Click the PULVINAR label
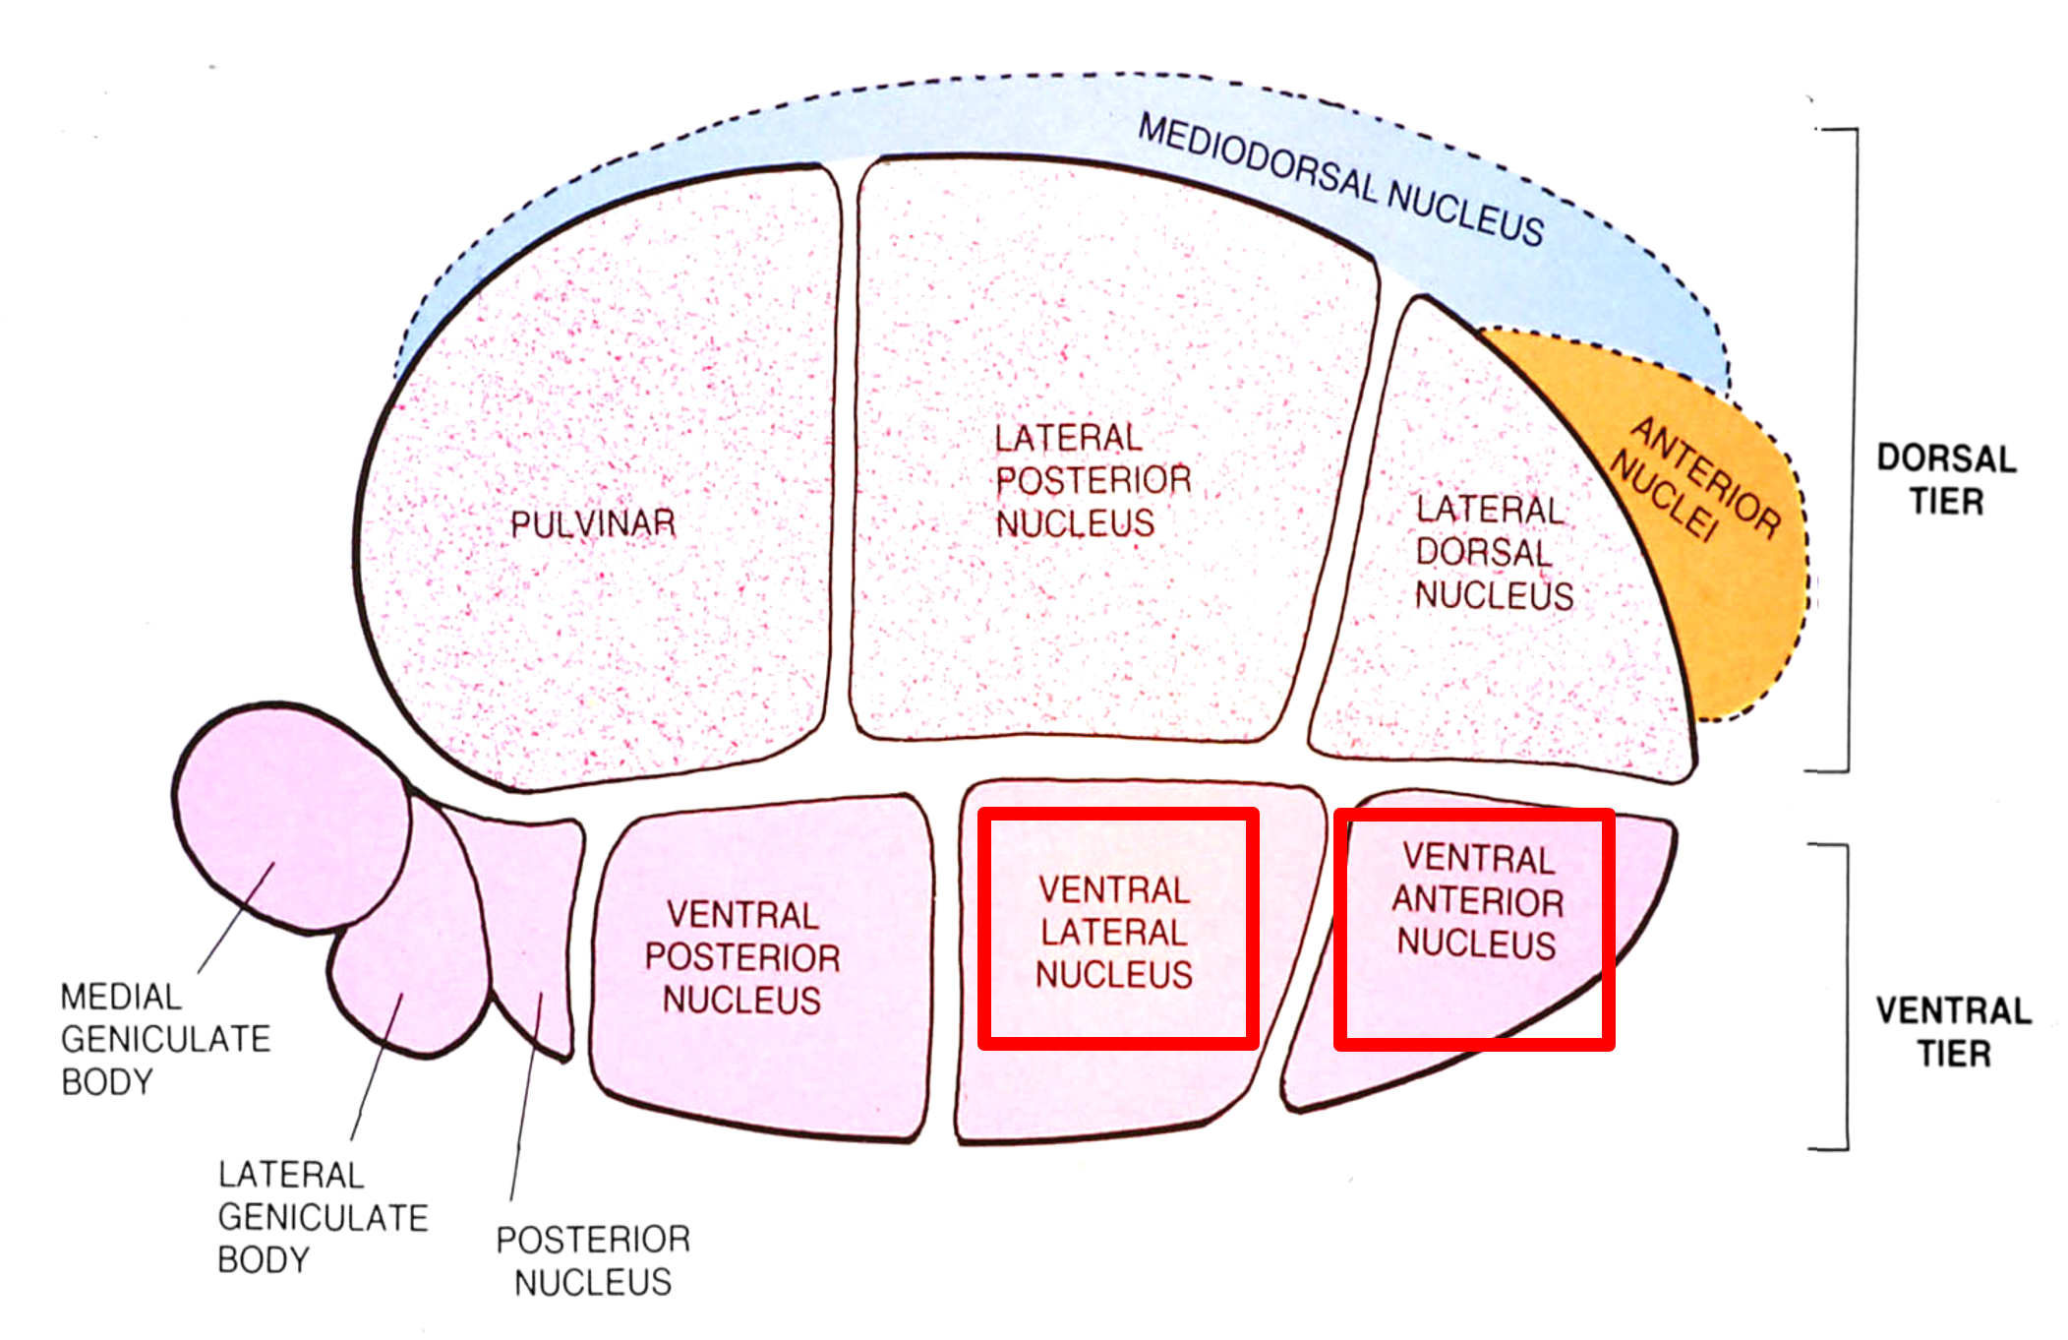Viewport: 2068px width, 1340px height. coord(593,523)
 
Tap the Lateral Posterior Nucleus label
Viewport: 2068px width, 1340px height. coord(1092,481)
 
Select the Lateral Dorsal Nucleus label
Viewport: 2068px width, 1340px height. coord(1493,553)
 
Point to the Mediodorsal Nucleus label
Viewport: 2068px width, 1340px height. coord(1340,180)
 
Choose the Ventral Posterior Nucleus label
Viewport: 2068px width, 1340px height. coord(742,957)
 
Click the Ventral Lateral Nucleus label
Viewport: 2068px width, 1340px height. coord(1114,933)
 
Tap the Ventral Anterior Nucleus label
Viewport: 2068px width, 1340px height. coord(1477,901)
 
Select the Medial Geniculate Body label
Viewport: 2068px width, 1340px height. coord(164,1039)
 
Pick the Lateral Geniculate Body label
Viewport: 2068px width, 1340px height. coord(323,1217)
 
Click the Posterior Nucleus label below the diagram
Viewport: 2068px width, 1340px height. coord(593,1260)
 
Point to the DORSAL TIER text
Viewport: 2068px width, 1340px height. coord(1946,480)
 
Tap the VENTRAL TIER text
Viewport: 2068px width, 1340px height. coord(1953,1032)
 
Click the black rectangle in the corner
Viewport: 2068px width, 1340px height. coord(1941,55)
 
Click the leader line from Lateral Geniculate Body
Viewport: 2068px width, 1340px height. coord(377,1067)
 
